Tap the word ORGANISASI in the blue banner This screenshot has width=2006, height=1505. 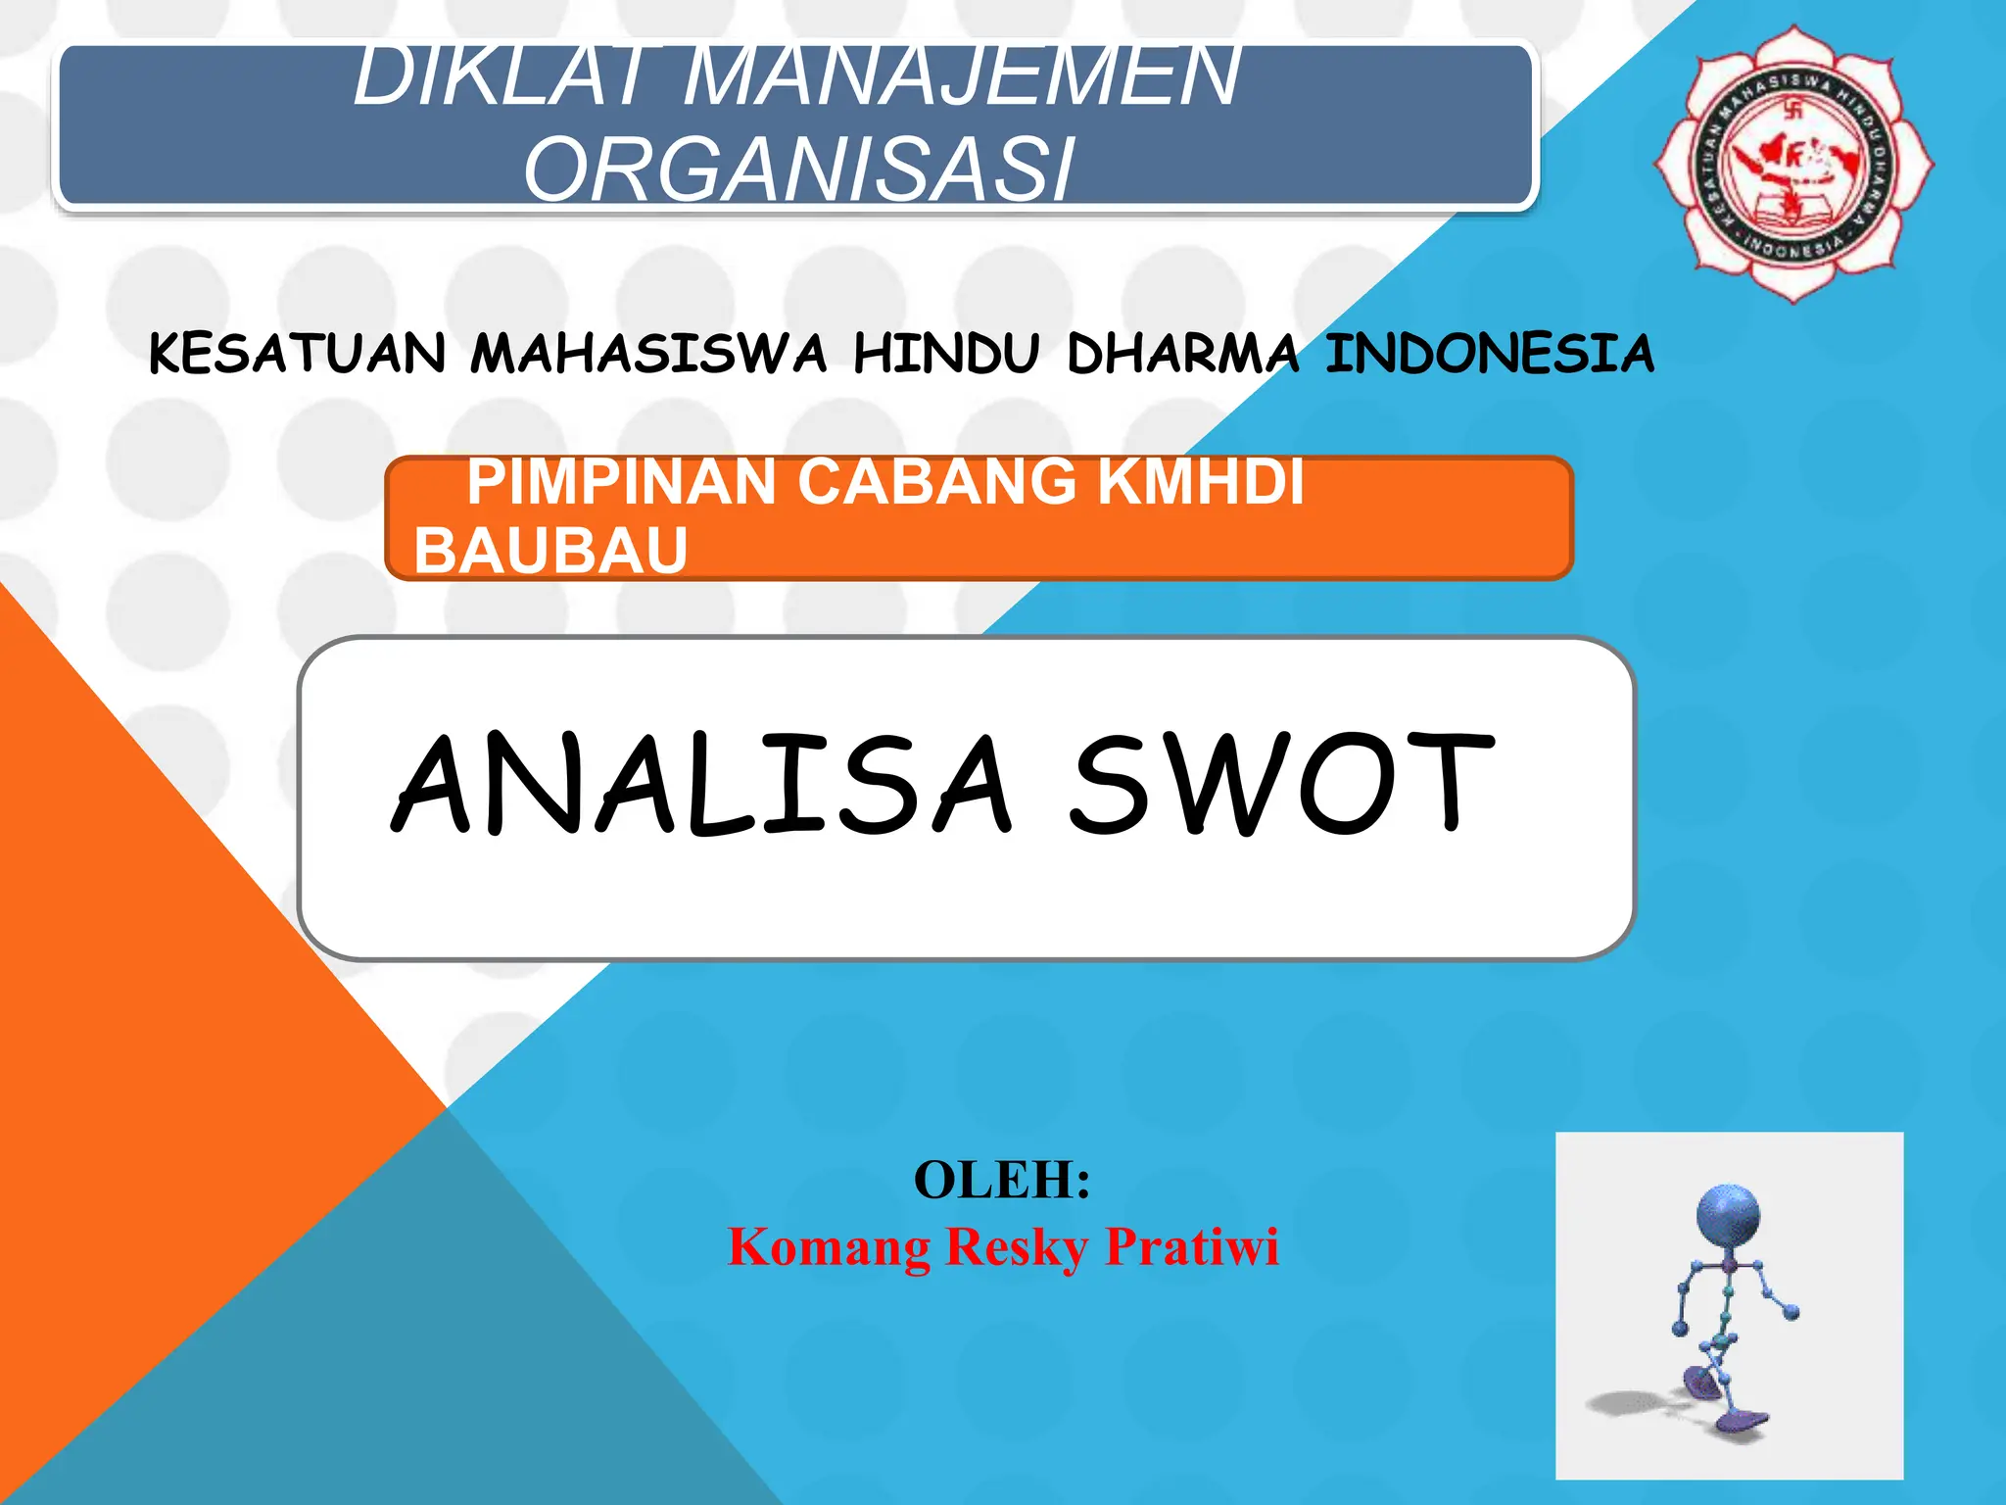pos(799,170)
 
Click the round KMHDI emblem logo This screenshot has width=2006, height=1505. pos(1793,164)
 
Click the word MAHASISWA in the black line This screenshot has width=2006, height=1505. pos(648,354)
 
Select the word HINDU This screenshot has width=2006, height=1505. pos(946,354)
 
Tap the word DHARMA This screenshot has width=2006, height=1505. pos(1183,354)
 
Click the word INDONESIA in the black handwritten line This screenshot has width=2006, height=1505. pos(1490,354)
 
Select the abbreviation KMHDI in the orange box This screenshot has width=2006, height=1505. pos(1201,482)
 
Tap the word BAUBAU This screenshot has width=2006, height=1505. pos(551,550)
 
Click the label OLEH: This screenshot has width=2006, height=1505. pos(1002,1180)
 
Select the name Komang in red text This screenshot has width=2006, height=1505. pos(830,1248)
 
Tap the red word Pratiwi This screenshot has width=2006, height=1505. pos(1192,1246)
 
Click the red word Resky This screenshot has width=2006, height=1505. pos(1017,1248)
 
